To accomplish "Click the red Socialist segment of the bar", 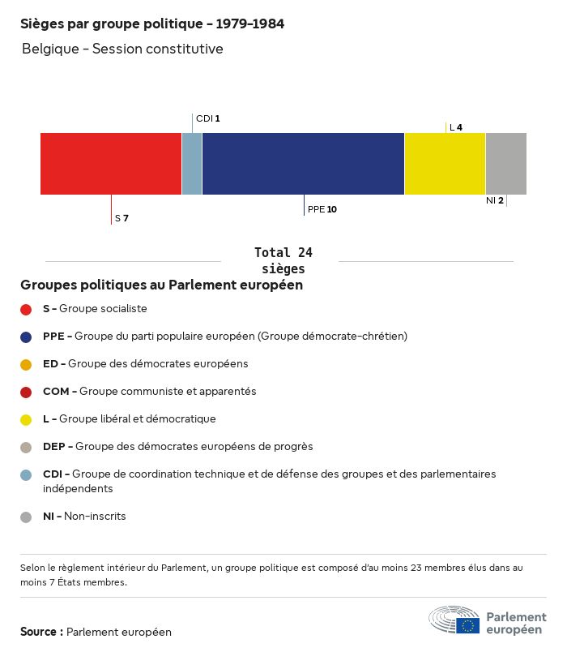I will [111, 164].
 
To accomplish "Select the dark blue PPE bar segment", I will [303, 164].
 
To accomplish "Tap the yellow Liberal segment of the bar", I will [445, 164].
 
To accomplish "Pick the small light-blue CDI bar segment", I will [192, 164].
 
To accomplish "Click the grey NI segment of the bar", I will [505, 164].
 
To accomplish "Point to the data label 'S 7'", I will [122, 218].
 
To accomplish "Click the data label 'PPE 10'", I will [322, 209].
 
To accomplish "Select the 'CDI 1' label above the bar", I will [207, 118].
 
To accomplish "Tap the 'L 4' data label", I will [455, 127].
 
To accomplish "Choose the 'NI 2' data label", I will [494, 200].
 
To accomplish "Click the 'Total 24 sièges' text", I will [283, 260].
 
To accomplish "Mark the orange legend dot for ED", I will [26, 364].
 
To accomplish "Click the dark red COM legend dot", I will [26, 392].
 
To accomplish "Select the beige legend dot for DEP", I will [26, 447].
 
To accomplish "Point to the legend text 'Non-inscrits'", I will [95, 516].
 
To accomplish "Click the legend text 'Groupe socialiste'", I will [103, 309].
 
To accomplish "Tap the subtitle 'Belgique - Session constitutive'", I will [122, 49].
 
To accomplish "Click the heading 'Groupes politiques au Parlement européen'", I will [162, 285].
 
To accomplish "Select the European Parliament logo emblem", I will [454, 620].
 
